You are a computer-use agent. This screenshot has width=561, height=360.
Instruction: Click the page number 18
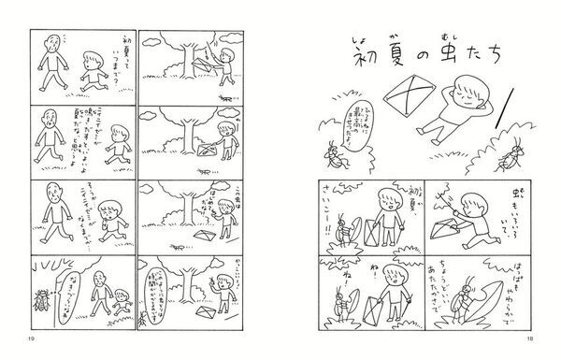point(536,338)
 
